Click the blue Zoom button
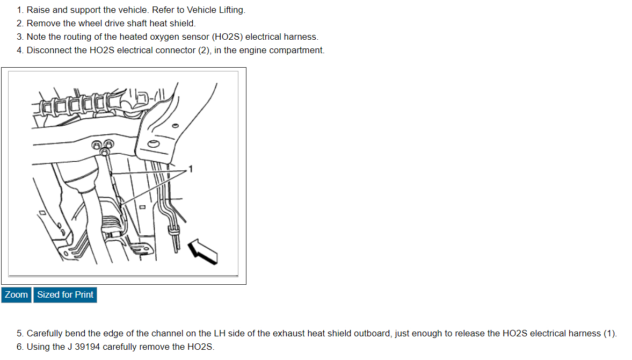tap(16, 294)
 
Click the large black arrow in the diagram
tap(203, 251)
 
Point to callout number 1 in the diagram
tap(191, 169)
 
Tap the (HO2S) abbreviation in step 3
tap(227, 37)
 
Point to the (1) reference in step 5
tap(609, 333)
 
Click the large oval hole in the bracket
tap(154, 144)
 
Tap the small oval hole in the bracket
tap(176, 126)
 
